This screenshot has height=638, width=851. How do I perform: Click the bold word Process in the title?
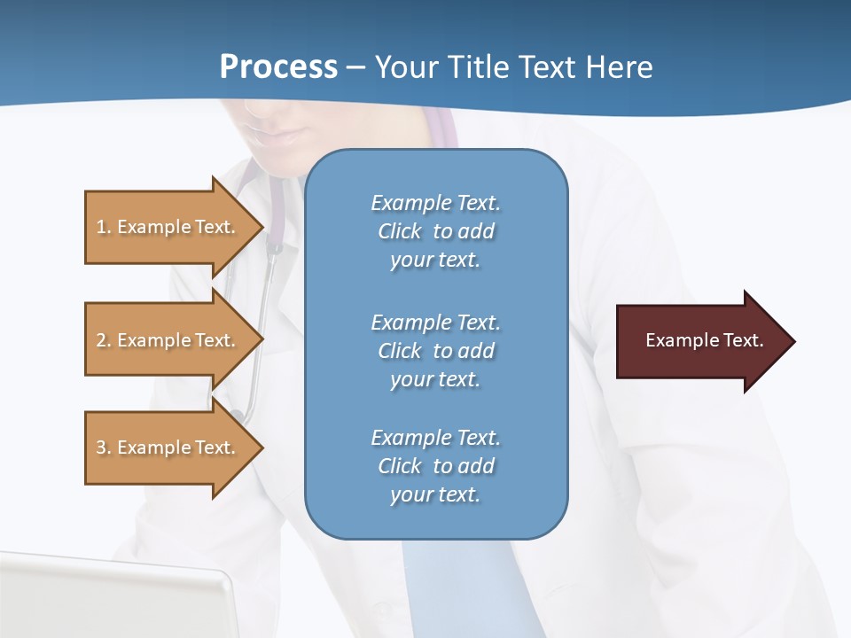coord(278,67)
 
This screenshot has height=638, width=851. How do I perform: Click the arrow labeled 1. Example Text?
coord(168,227)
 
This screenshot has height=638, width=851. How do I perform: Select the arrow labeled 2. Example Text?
coord(168,340)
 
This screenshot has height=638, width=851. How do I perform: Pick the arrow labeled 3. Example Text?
coord(168,447)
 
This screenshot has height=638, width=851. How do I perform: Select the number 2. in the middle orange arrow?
coord(103,340)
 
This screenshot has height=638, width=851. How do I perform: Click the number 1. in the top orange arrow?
coord(103,227)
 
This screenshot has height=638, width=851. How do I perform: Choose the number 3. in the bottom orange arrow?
coord(103,447)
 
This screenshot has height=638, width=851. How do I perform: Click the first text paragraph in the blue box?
coord(435,231)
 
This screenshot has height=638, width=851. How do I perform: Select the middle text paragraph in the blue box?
coord(435,351)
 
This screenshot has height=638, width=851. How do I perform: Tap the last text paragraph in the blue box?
coord(435,466)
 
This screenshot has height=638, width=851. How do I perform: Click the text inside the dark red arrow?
coord(704,340)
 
